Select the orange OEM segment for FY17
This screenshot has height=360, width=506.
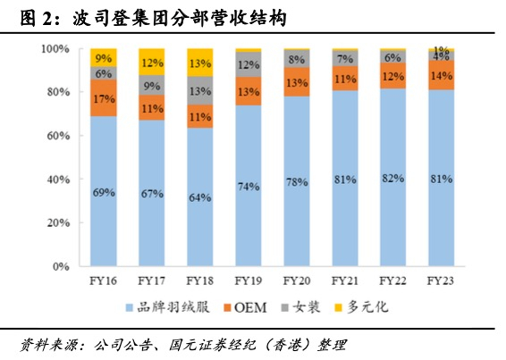(152, 107)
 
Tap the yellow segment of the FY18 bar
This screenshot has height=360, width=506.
(199, 63)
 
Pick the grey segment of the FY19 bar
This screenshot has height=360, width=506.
(248, 64)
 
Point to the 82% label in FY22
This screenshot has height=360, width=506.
(392, 179)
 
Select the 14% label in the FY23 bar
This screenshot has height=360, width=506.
(440, 76)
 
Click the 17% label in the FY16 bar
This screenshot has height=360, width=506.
(104, 98)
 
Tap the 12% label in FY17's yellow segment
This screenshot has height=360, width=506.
(152, 63)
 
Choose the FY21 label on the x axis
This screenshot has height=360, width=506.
(344, 280)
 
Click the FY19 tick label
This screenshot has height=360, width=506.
(248, 280)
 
